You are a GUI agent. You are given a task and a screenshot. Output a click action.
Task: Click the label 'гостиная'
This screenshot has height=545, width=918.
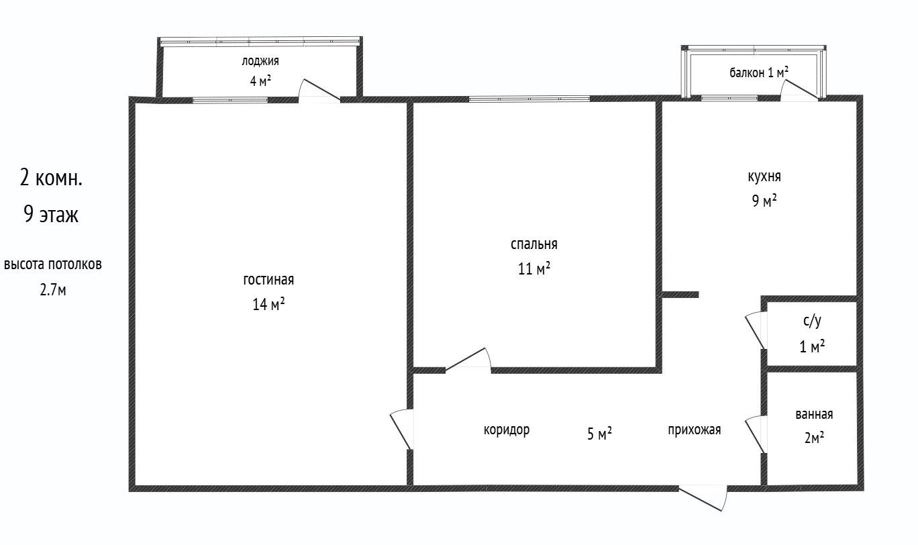pyautogui.click(x=268, y=279)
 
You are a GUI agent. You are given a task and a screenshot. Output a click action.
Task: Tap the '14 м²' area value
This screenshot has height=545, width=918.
pyautogui.click(x=268, y=304)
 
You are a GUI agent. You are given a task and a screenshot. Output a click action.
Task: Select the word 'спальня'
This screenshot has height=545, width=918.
pyautogui.click(x=534, y=244)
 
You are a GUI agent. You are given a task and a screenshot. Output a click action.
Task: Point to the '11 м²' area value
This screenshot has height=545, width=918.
pyautogui.click(x=534, y=269)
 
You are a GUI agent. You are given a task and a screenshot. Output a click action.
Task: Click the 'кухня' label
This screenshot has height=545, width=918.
pyautogui.click(x=764, y=177)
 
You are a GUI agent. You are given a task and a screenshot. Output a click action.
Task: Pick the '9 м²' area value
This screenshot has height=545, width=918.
pyautogui.click(x=764, y=201)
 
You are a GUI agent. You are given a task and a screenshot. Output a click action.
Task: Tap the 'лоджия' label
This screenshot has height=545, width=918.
pyautogui.click(x=260, y=61)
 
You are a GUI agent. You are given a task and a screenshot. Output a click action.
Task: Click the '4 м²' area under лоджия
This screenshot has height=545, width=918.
pyautogui.click(x=260, y=81)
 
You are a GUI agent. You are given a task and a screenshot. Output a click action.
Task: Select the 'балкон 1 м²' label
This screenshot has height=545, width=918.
pyautogui.click(x=759, y=72)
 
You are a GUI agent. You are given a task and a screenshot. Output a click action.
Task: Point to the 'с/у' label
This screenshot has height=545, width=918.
pyautogui.click(x=812, y=321)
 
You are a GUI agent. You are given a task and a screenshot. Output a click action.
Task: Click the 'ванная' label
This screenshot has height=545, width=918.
pyautogui.click(x=814, y=414)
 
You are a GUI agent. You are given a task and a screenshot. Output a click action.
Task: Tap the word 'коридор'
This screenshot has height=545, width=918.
pyautogui.click(x=507, y=430)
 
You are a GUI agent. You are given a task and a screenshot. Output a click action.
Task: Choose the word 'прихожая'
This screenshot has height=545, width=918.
pyautogui.click(x=695, y=430)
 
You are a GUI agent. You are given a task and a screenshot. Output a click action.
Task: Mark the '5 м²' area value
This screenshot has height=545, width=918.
pyautogui.click(x=599, y=434)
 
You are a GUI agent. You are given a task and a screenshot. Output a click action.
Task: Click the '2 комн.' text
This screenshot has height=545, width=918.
pyautogui.click(x=51, y=179)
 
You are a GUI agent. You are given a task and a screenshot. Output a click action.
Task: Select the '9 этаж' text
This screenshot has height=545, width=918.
pyautogui.click(x=51, y=214)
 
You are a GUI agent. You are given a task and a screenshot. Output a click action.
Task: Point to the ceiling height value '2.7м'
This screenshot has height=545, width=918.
pyautogui.click(x=53, y=290)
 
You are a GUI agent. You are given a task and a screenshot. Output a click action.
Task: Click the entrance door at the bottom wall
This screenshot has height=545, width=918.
pyautogui.click(x=703, y=497)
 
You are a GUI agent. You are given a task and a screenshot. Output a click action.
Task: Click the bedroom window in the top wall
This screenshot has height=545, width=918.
pyautogui.click(x=529, y=99)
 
